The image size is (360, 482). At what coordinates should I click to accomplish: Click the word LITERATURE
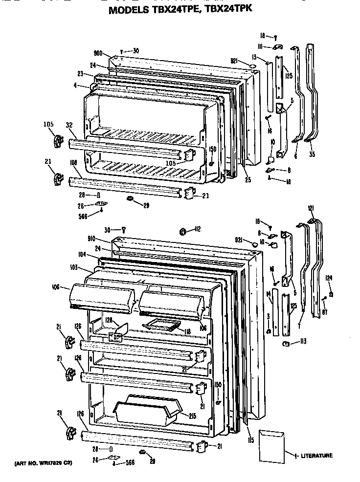(317, 456)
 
